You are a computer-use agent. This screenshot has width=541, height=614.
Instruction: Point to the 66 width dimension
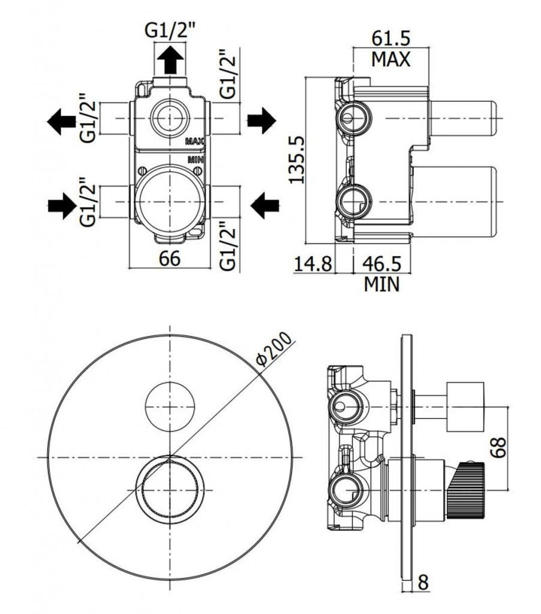[x=170, y=259]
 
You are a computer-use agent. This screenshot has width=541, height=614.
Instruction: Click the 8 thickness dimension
[x=423, y=583]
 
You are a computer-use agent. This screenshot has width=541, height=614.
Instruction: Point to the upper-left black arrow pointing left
[x=61, y=121]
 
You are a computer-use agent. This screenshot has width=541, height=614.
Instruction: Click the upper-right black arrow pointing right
[x=262, y=121]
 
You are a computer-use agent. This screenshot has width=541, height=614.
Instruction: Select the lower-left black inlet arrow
[x=61, y=207]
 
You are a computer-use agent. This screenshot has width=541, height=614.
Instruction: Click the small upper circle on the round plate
[x=170, y=404]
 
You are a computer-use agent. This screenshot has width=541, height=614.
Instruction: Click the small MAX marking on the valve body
[x=195, y=142]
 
